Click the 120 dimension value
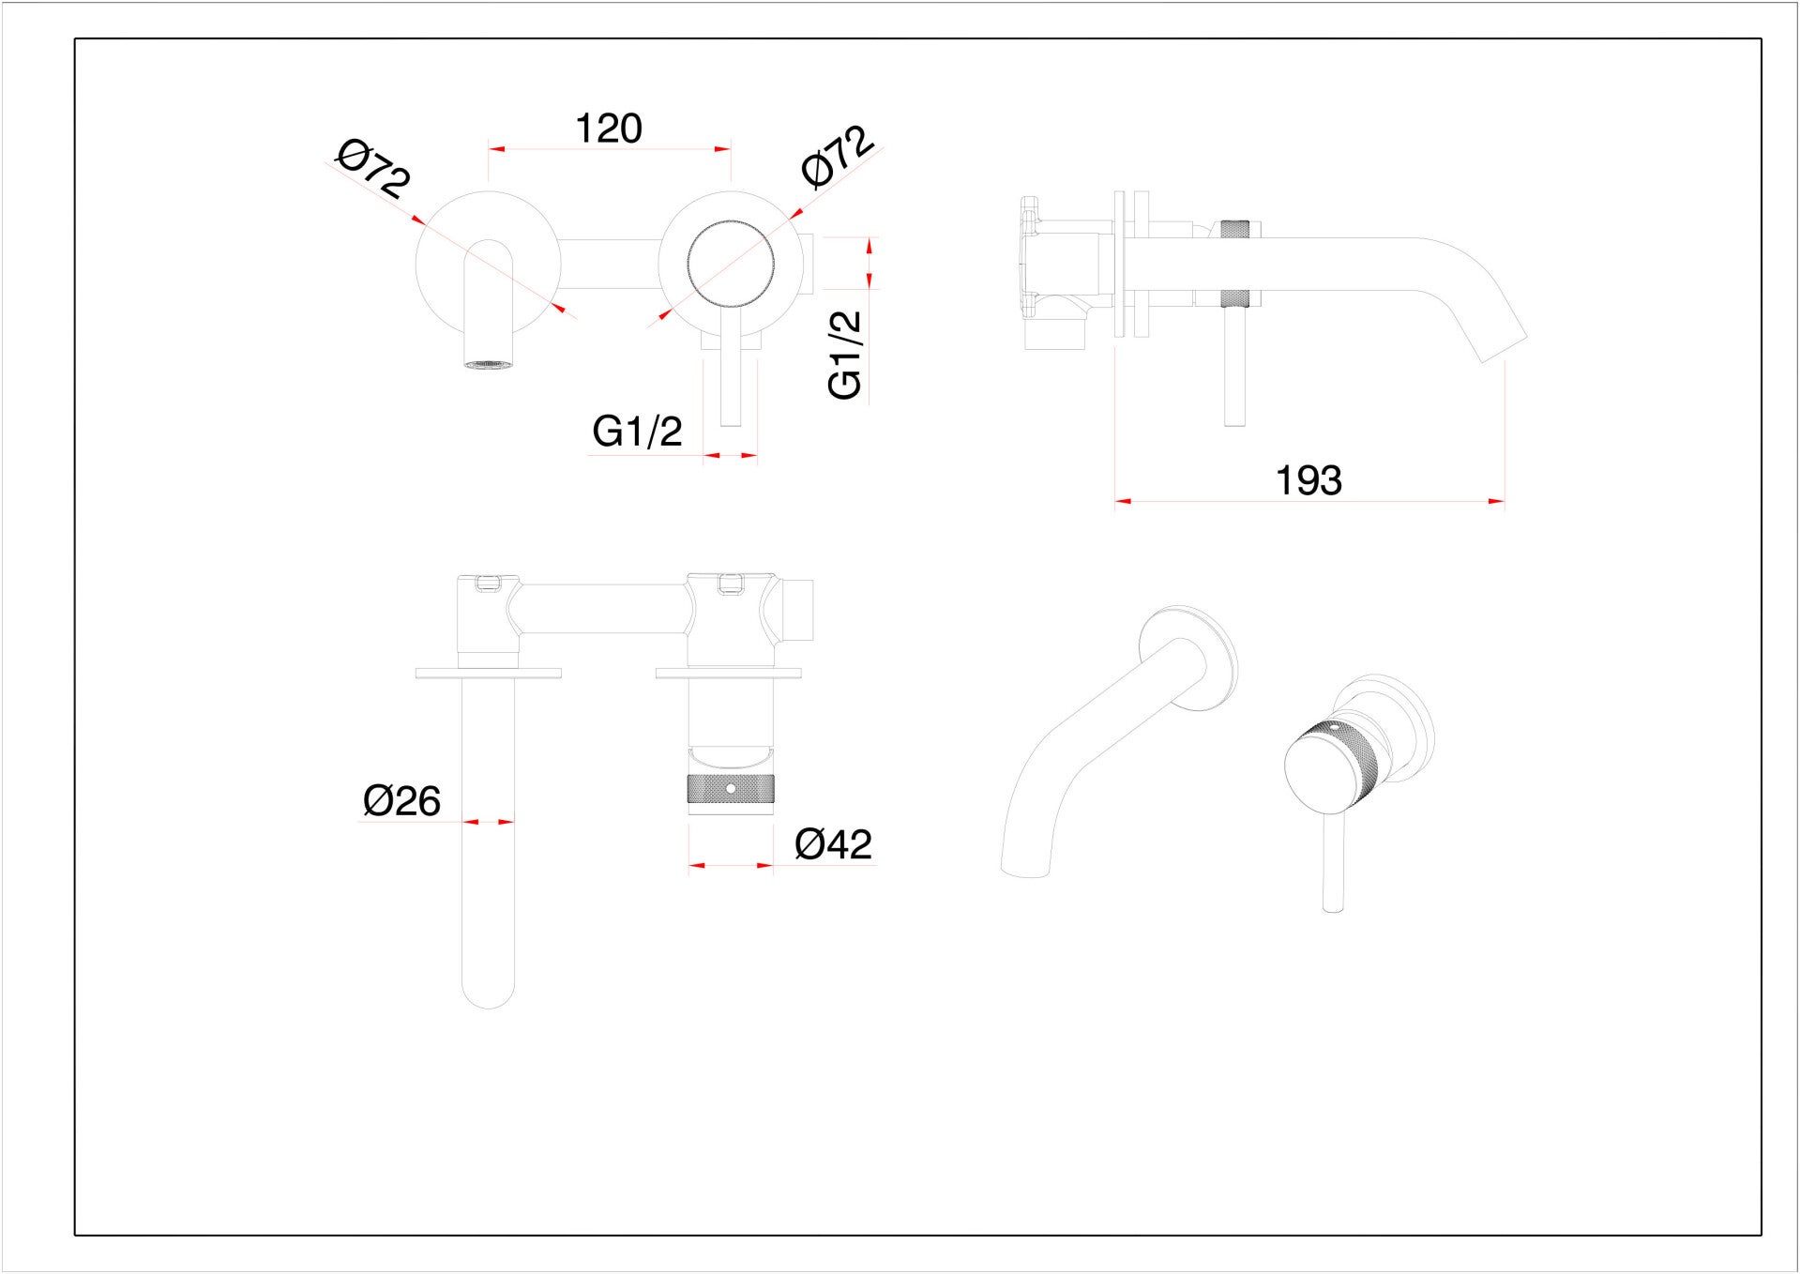[608, 129]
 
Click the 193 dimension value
[1308, 480]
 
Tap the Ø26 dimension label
[401, 801]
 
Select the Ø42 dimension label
[833, 844]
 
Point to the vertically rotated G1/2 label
[845, 355]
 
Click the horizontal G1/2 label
[637, 432]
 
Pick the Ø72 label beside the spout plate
[373, 169]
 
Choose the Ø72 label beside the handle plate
[838, 156]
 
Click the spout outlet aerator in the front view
[489, 363]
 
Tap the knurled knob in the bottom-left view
[731, 789]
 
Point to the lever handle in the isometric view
[1332, 858]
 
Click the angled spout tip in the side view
[1504, 348]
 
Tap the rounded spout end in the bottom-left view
[489, 996]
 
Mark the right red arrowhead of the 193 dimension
[1496, 502]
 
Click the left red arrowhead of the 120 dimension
[496, 148]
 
